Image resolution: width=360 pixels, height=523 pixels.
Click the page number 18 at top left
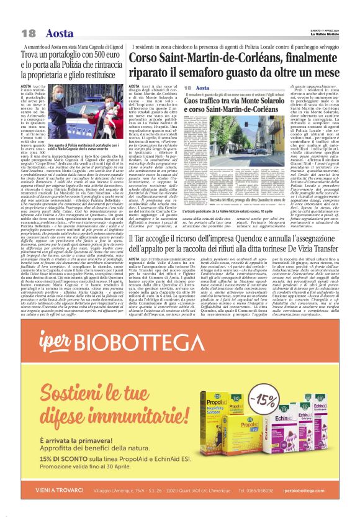(28, 33)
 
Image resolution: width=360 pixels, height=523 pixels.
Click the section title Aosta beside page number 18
(60, 33)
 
